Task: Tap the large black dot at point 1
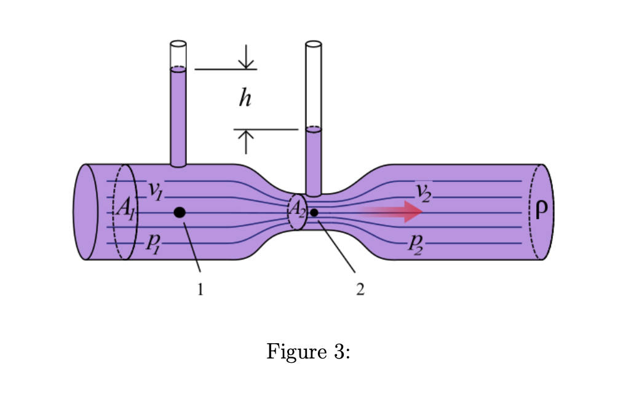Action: tap(180, 212)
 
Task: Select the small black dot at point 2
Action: tap(314, 212)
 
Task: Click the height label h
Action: tap(245, 98)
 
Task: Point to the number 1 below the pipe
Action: tap(200, 290)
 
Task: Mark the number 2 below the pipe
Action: tap(360, 290)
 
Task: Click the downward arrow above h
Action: tap(246, 57)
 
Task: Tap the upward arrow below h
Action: tap(246, 141)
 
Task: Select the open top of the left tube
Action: tap(178, 44)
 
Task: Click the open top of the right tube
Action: tap(314, 44)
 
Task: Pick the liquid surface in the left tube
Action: tap(178, 69)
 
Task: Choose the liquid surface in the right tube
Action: tap(314, 129)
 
